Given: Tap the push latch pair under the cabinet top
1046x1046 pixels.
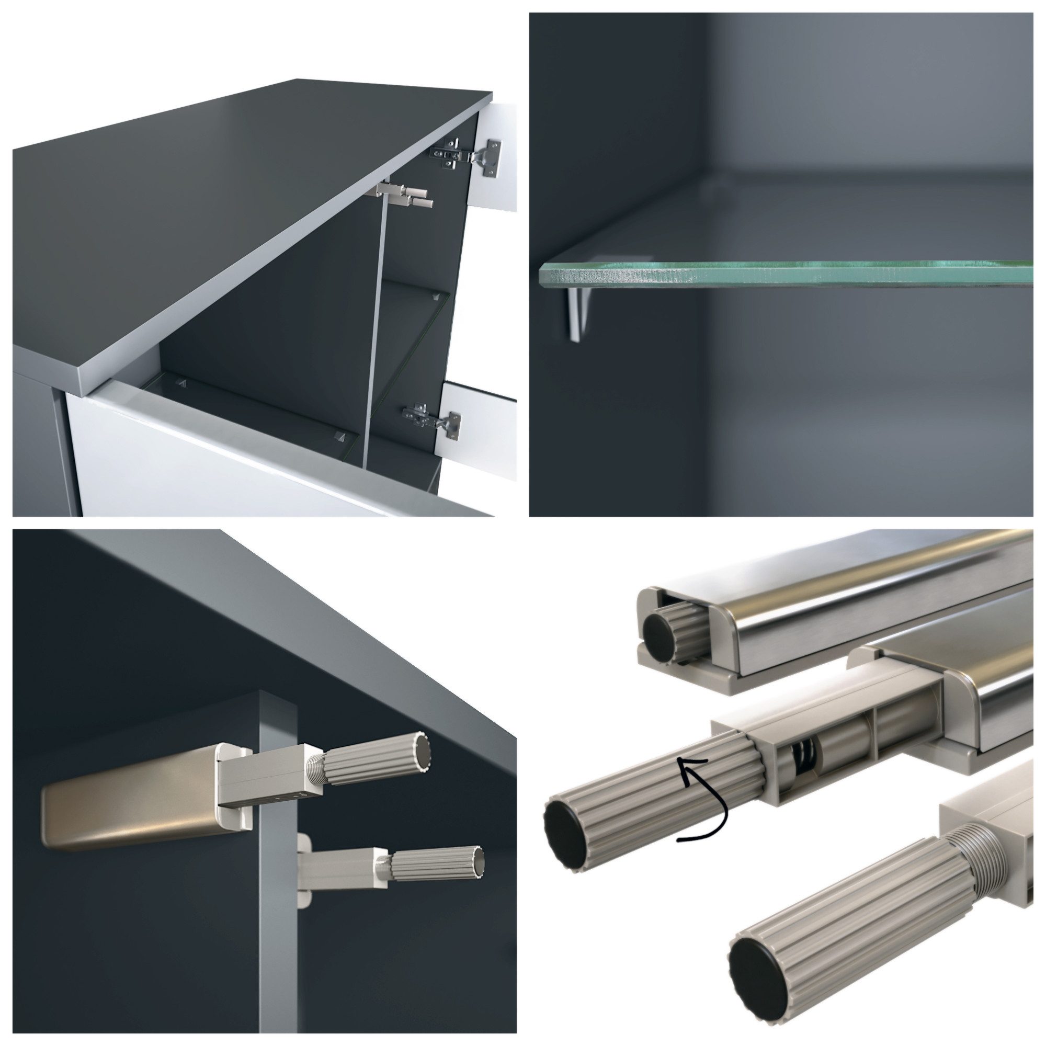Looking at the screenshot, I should click(x=405, y=196).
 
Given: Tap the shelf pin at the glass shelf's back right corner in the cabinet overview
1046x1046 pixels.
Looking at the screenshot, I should click(x=436, y=295).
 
